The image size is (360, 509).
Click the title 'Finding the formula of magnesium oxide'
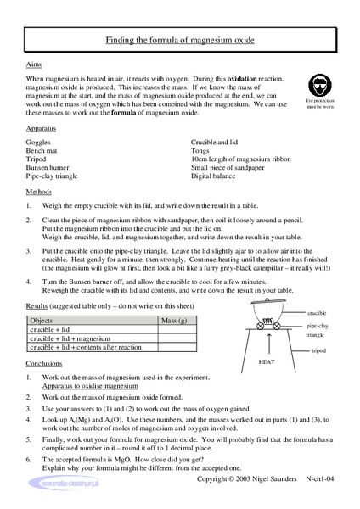[180, 40]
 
